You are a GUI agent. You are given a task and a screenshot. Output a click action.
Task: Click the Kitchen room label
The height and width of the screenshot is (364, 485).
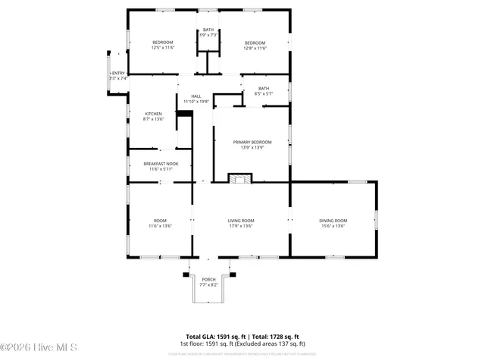[153, 114]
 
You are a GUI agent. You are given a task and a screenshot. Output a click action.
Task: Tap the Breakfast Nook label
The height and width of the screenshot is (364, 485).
[161, 163]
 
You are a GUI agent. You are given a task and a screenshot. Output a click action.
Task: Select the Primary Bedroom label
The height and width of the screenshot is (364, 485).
[252, 142]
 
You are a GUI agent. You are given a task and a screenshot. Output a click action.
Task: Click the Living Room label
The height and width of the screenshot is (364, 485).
[241, 220]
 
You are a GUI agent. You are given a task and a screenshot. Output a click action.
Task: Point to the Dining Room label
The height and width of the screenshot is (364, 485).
[333, 220]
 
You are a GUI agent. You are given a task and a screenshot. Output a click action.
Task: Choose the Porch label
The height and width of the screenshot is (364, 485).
[208, 280]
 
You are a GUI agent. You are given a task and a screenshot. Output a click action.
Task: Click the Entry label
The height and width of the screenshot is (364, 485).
[118, 73]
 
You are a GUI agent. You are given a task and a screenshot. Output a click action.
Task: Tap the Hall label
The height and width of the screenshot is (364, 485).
[196, 96]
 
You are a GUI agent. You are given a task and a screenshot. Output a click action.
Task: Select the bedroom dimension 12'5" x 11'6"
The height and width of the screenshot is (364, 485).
[163, 48]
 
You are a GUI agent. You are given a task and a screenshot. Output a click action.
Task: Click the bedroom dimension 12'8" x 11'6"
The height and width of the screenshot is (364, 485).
[255, 48]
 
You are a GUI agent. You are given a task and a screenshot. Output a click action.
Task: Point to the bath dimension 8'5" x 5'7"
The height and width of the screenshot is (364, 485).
[263, 93]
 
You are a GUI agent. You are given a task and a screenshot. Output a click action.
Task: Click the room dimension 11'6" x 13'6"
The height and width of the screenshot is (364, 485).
[160, 225]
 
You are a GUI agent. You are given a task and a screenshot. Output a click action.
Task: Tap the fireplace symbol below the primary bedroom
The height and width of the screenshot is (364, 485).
[239, 179]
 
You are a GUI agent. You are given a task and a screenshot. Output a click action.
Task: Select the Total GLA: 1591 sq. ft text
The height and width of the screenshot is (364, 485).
[214, 336]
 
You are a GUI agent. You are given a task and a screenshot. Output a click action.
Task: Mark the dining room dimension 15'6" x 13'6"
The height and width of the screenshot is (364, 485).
[333, 225]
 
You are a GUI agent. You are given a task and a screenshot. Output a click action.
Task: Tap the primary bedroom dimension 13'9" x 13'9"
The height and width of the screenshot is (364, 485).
[252, 147]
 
